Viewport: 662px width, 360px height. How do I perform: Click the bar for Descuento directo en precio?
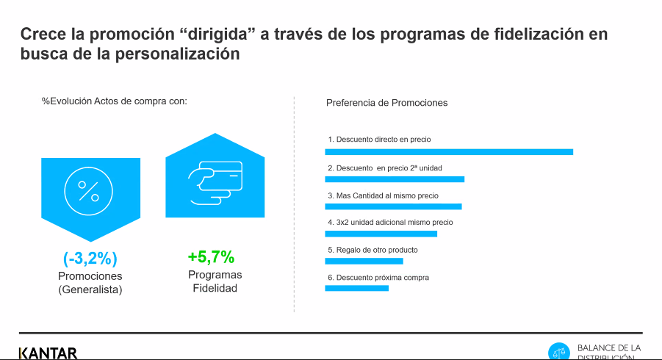click(449, 152)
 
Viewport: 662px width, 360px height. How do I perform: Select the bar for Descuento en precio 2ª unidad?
click(395, 179)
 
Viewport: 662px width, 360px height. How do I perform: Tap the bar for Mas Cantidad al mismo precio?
click(394, 206)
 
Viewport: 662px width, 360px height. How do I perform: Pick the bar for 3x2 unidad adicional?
click(381, 234)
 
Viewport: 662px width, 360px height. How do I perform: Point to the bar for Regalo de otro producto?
click(364, 262)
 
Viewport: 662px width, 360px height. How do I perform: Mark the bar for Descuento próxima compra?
click(357, 288)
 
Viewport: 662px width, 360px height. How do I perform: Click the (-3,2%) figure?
click(90, 259)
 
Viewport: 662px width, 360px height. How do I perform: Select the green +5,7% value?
click(211, 256)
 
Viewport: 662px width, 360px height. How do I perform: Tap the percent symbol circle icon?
click(89, 191)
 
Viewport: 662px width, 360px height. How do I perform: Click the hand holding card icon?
click(215, 183)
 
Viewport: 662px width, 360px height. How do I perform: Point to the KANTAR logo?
click(48, 353)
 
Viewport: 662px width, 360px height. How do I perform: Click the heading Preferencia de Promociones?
click(386, 103)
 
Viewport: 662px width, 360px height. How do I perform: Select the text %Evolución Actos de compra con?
click(115, 101)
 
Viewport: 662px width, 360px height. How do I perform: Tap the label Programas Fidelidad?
click(215, 281)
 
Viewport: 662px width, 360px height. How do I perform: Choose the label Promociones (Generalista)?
click(90, 283)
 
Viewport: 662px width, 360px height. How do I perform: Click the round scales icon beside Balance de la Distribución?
click(559, 352)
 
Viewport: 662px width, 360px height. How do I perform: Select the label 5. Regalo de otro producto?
click(373, 250)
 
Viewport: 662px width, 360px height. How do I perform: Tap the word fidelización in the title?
click(538, 34)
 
